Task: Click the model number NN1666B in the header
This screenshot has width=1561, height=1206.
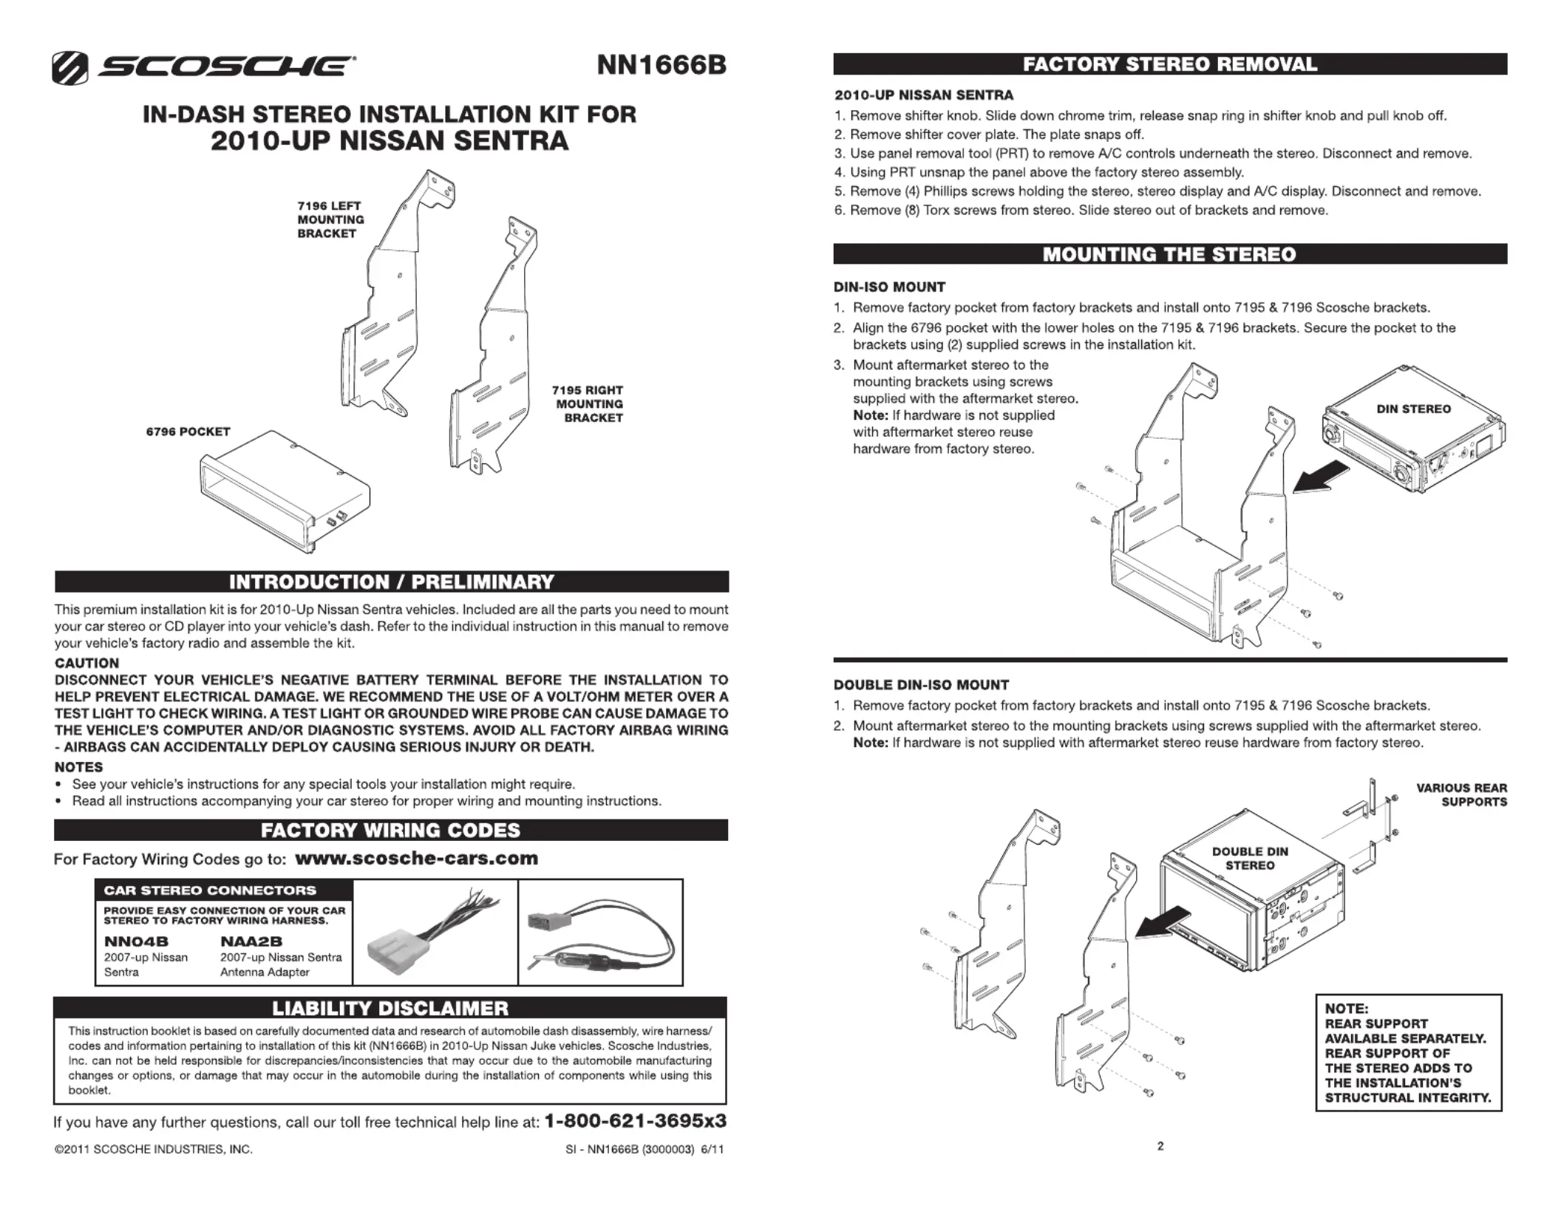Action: click(662, 66)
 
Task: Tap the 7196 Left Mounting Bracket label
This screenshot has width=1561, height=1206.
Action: click(330, 219)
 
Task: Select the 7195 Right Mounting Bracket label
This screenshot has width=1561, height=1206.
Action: click(589, 403)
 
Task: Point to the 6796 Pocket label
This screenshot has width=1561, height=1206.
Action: click(188, 432)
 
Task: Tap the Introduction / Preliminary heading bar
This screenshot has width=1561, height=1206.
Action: click(391, 582)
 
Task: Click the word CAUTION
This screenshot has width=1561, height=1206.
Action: click(87, 663)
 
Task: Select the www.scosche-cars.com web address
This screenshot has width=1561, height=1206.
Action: click(416, 858)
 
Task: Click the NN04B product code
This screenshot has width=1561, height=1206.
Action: click(136, 941)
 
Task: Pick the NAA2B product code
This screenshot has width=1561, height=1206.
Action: click(251, 941)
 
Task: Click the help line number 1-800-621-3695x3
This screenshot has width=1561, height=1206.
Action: click(635, 1121)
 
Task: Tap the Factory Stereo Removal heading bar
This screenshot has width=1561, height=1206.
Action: click(1169, 64)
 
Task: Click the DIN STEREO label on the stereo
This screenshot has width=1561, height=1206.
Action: click(1413, 409)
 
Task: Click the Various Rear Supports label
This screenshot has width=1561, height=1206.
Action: click(1461, 794)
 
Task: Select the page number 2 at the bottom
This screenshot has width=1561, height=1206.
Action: click(1160, 1146)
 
